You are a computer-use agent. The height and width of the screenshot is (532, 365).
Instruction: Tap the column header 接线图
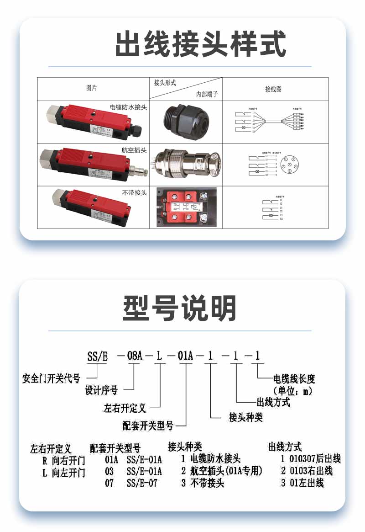[273, 89]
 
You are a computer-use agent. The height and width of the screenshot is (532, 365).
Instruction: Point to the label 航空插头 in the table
[134, 149]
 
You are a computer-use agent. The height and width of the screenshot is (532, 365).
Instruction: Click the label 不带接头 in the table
[135, 193]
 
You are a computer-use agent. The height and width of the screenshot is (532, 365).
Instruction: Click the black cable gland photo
[185, 122]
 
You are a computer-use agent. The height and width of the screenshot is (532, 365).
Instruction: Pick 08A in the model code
[134, 356]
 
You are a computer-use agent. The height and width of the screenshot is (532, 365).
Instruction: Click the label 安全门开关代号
[52, 378]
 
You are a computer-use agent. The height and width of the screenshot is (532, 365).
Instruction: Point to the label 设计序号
[101, 390]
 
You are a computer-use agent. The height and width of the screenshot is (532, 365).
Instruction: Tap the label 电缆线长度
[294, 379]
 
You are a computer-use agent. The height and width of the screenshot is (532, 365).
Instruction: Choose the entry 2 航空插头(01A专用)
[221, 471]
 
